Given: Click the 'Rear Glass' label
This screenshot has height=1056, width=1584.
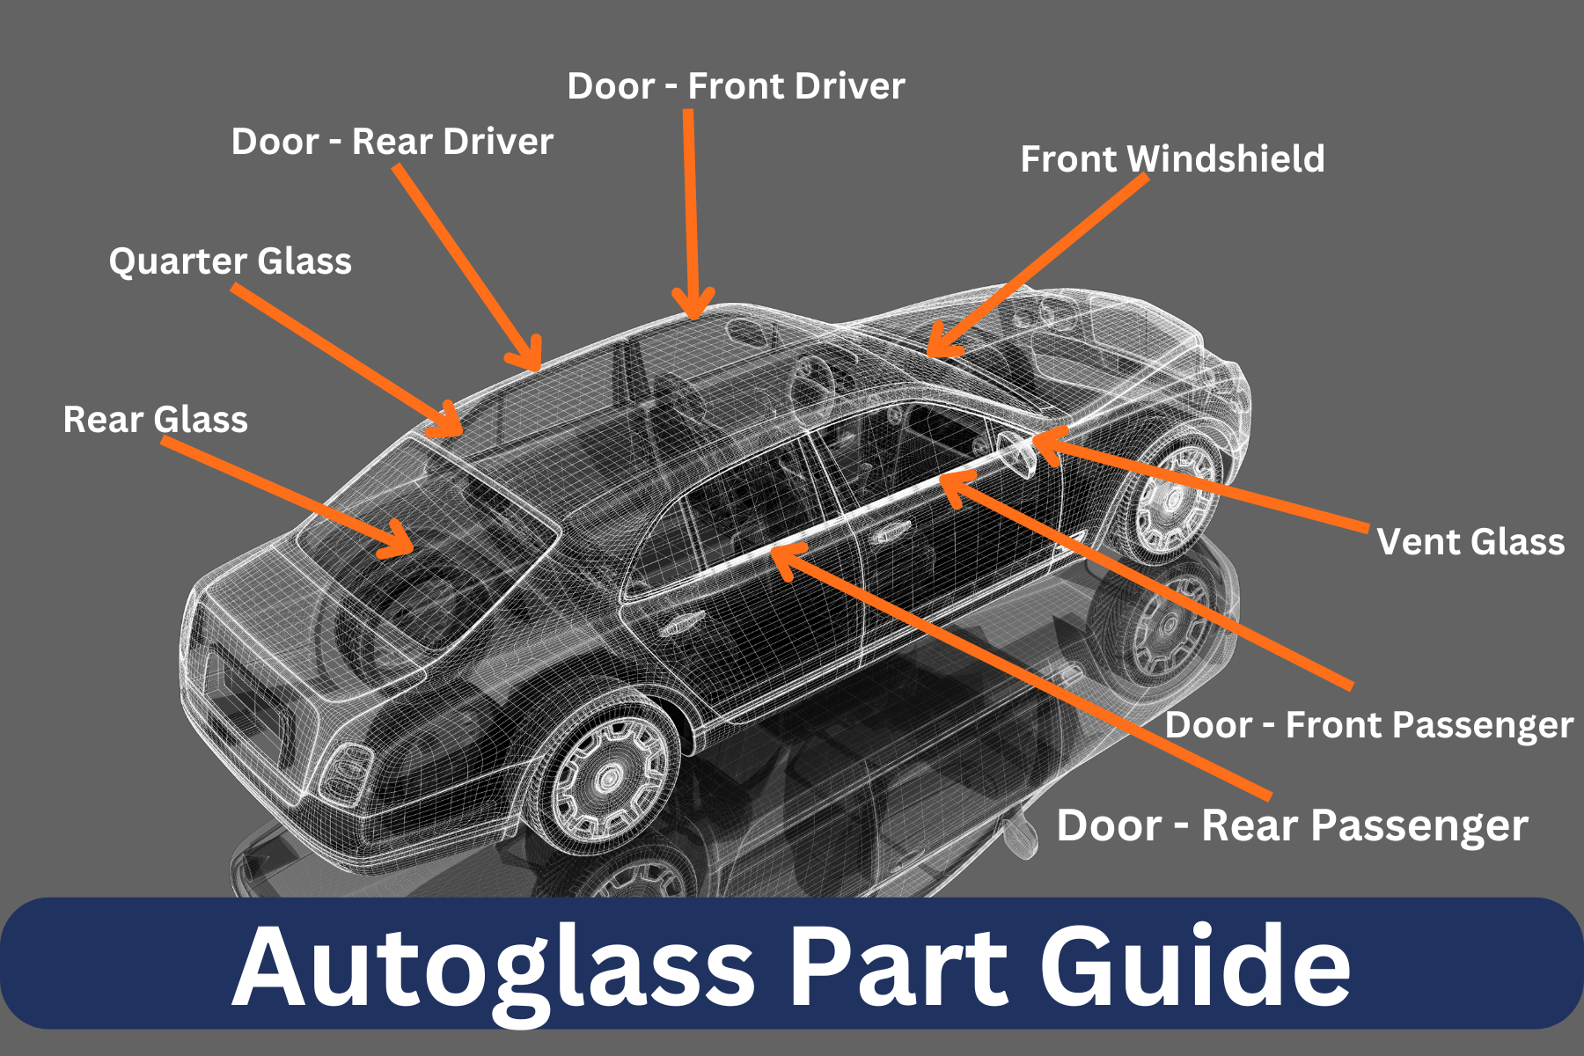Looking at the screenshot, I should pos(155,420).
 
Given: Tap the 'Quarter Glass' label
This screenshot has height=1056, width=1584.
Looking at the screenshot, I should pos(230,261).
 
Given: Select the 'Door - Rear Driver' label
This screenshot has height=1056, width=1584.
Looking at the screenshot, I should pos(392,142).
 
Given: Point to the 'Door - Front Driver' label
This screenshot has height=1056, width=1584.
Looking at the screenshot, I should pos(736,86).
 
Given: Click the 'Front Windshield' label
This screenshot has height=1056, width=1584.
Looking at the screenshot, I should pos(1172,159).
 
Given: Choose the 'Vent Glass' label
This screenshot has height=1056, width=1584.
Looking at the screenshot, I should pos(1470,541).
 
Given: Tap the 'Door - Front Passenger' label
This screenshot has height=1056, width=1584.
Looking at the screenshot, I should pos(1368,725).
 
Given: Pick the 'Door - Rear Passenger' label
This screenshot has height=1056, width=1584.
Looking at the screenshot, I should pos(1292,825).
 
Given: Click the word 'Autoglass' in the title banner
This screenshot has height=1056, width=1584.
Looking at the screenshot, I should pos(493,966).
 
